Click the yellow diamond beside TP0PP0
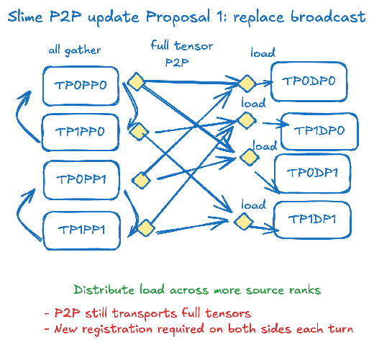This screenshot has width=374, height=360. [136, 81]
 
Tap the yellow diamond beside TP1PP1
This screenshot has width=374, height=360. [146, 228]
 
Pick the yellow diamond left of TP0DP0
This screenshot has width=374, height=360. [247, 84]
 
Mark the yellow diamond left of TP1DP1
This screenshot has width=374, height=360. [244, 222]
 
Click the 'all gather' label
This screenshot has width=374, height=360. [75, 50]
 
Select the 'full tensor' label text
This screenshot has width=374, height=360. [182, 45]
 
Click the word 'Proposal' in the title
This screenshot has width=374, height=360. [178, 17]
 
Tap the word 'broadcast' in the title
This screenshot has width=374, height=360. [328, 17]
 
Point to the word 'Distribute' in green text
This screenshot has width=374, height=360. [104, 289]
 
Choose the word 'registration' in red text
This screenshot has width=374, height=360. [117, 329]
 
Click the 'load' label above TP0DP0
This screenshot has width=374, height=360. [263, 53]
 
